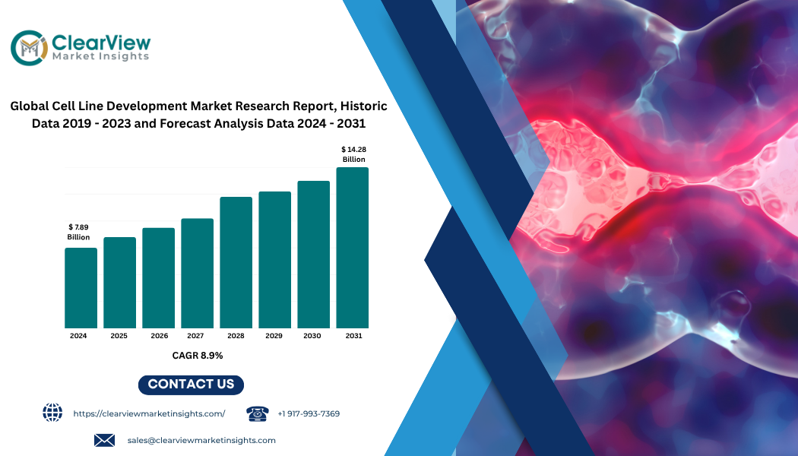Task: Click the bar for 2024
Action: (x=81, y=288)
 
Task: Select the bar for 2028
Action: (x=236, y=263)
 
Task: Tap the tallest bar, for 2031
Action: (x=352, y=248)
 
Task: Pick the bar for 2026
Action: (x=158, y=278)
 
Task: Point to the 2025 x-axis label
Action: (x=119, y=336)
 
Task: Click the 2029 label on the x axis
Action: (x=274, y=336)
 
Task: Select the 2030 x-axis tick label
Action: (x=312, y=336)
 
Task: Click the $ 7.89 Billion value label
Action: (x=78, y=232)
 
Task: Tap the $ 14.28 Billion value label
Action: (x=353, y=154)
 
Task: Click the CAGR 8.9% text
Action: (x=198, y=355)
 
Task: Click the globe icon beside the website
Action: (x=52, y=412)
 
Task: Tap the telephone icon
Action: (x=258, y=413)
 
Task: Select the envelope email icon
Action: (x=104, y=440)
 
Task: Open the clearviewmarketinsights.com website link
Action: (x=149, y=413)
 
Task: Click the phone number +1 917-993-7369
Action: (x=309, y=413)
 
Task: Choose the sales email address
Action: (x=201, y=440)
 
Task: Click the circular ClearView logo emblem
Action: (x=30, y=48)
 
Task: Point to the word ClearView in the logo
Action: (x=101, y=43)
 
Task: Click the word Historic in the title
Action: (x=364, y=106)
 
